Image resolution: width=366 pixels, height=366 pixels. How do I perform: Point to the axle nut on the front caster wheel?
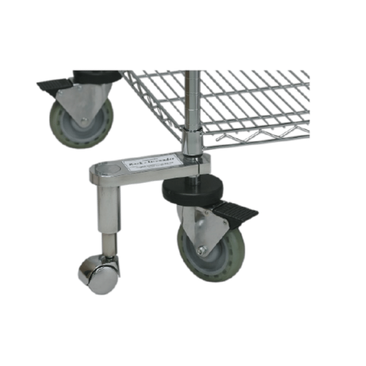point(203,249)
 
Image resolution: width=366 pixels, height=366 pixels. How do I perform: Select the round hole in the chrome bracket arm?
point(109,167)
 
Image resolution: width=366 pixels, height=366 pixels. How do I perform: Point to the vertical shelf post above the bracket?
point(193,98)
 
